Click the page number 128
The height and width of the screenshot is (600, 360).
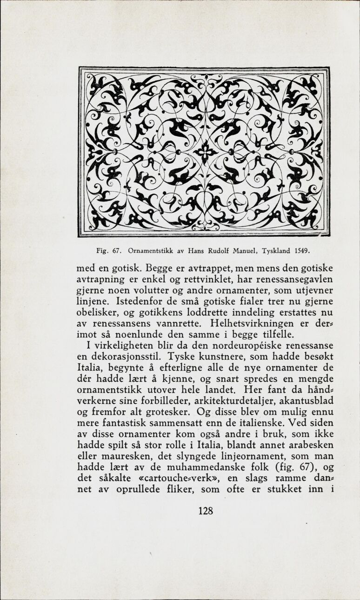coord(206,511)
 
